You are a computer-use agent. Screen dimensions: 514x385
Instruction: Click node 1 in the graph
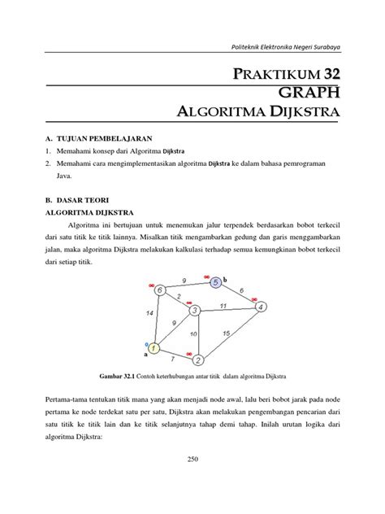point(154,349)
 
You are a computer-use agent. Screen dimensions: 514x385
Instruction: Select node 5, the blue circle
point(215,283)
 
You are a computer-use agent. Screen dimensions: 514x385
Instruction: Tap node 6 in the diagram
point(160,290)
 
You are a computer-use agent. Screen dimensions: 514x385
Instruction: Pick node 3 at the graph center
point(195,310)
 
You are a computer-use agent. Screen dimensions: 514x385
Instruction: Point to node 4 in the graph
point(260,307)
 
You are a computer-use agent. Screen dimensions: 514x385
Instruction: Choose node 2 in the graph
point(196,359)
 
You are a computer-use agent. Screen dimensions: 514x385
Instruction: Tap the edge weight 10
point(193,333)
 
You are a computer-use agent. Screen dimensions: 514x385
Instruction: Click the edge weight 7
point(172,359)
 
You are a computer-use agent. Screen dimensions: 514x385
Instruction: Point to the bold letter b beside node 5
point(226,278)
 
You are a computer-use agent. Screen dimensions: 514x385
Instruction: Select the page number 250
point(192,483)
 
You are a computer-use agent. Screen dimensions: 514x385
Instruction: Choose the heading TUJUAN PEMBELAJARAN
point(104,139)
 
